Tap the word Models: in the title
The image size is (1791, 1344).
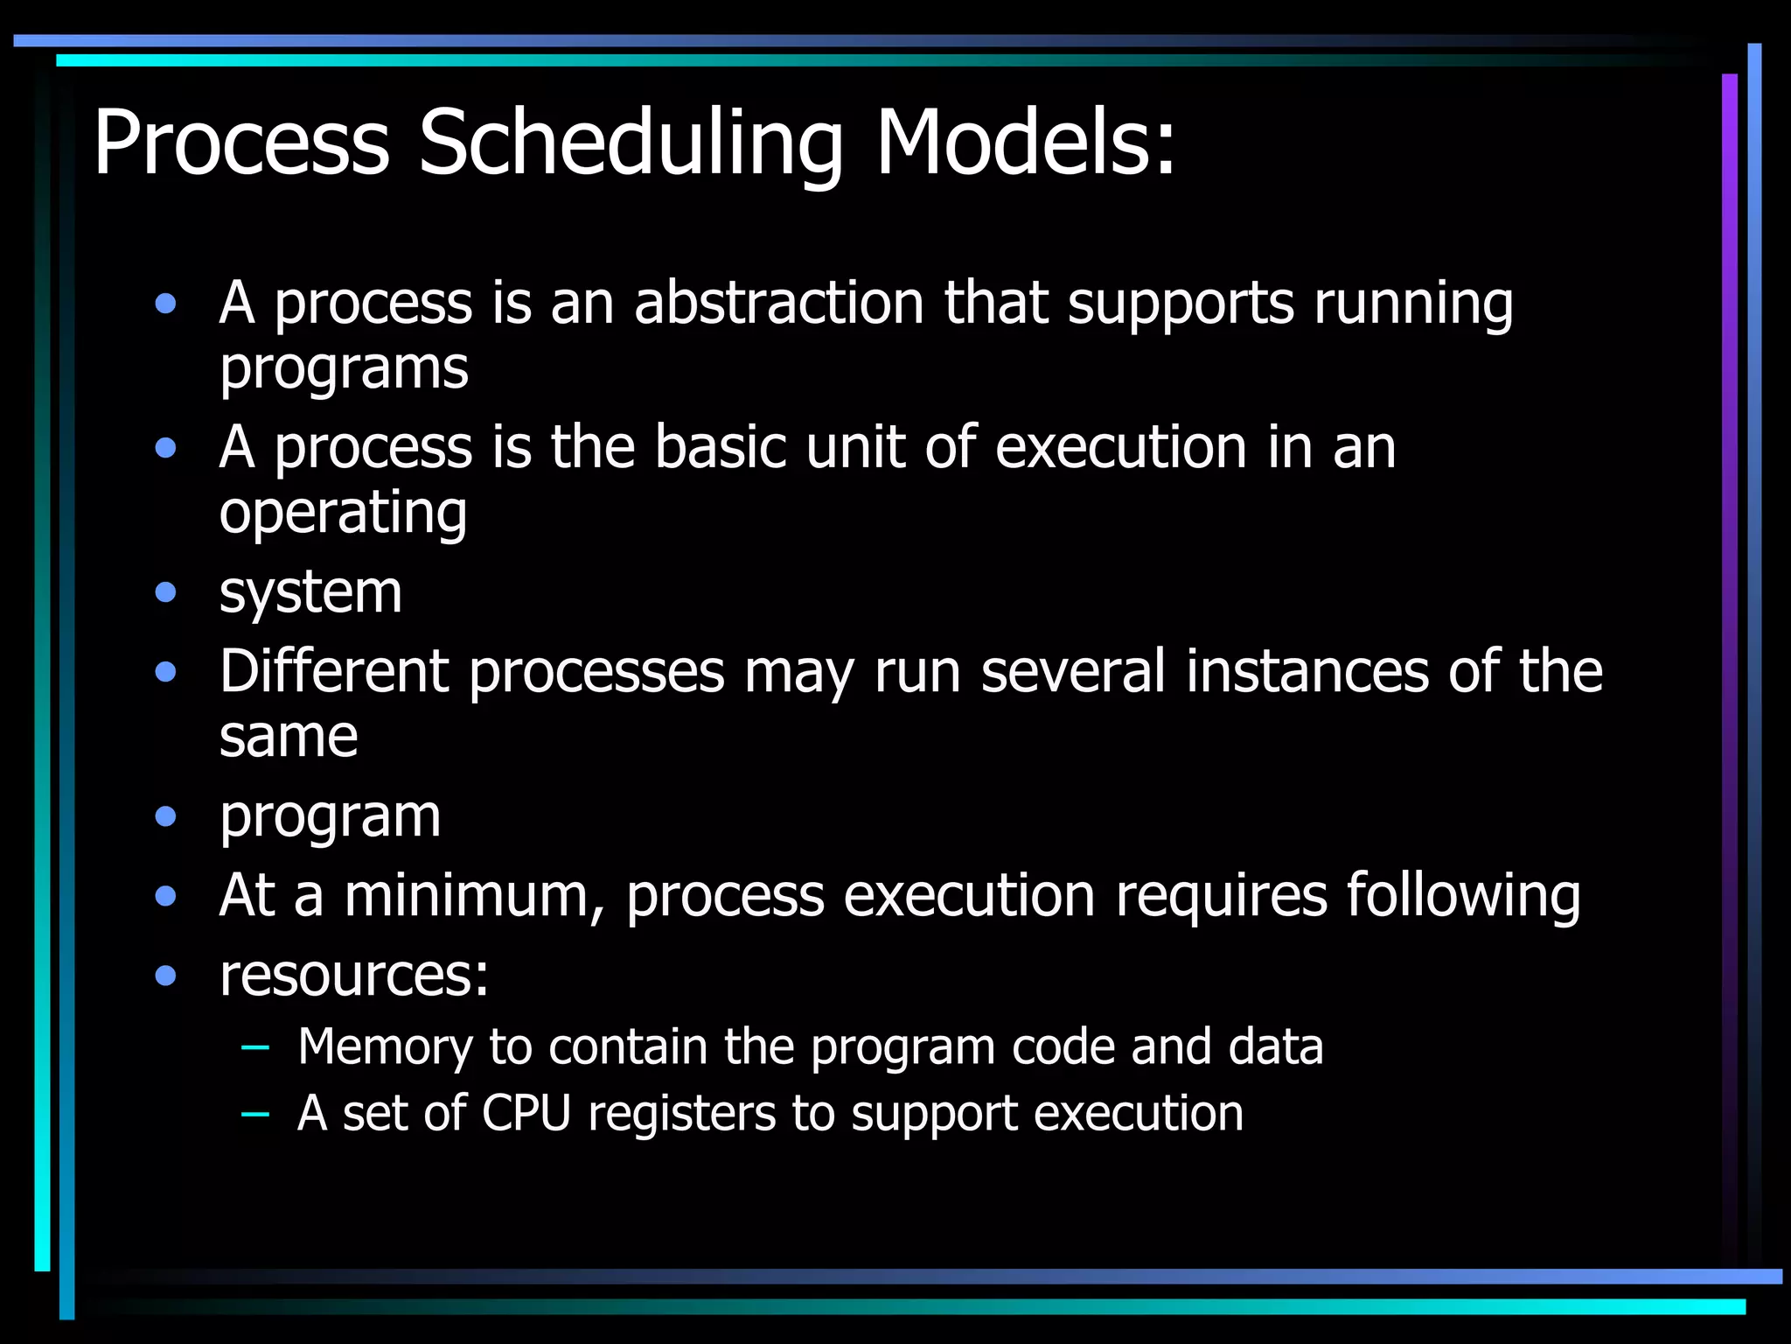[1025, 142]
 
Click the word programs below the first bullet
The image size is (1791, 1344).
[344, 369]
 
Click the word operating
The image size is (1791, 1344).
[343, 514]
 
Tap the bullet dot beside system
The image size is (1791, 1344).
[165, 593]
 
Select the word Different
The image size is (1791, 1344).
[334, 672]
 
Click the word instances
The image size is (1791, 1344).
[1307, 672]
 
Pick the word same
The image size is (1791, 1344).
[289, 737]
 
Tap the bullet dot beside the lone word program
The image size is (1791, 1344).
[165, 817]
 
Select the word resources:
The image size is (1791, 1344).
[354, 975]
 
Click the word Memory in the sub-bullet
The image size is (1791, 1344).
[384, 1048]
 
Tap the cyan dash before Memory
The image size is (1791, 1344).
[254, 1046]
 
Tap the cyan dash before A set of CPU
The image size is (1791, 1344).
[254, 1113]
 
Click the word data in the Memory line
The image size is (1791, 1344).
[1275, 1046]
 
